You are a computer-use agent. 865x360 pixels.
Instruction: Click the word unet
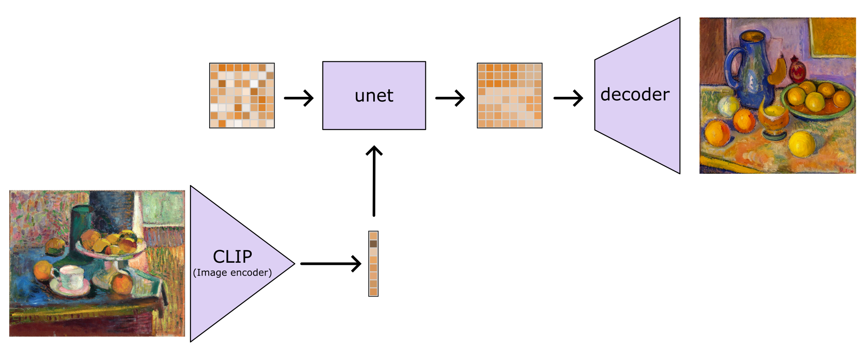[374, 96]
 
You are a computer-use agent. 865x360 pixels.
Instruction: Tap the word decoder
[635, 95]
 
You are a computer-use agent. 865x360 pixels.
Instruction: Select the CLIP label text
[233, 256]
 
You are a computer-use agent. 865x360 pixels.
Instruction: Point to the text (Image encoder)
[232, 273]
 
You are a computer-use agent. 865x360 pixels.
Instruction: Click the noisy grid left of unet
[242, 96]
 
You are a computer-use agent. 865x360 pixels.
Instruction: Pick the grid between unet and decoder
[509, 96]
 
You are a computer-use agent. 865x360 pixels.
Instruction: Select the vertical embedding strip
[373, 264]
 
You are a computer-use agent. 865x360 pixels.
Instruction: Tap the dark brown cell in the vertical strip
[373, 243]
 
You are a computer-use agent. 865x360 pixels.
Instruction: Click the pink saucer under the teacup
[69, 288]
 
